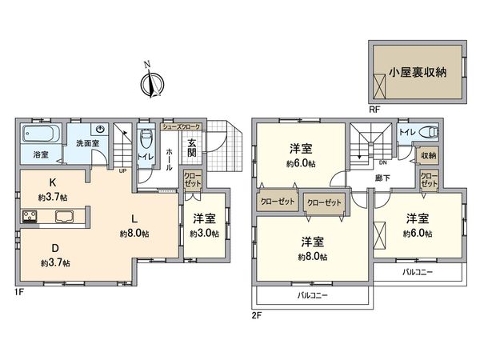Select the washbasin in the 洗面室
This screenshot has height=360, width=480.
pyautogui.click(x=100, y=130)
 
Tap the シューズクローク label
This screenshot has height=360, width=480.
pyautogui.click(x=182, y=126)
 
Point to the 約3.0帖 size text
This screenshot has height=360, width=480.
pyautogui.click(x=205, y=233)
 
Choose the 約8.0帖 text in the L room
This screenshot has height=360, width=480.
pyautogui.click(x=134, y=234)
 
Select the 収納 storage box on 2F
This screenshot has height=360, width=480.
pyautogui.click(x=429, y=156)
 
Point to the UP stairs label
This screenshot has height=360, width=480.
pyautogui.click(x=122, y=170)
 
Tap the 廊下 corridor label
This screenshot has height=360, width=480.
pyautogui.click(x=381, y=178)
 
